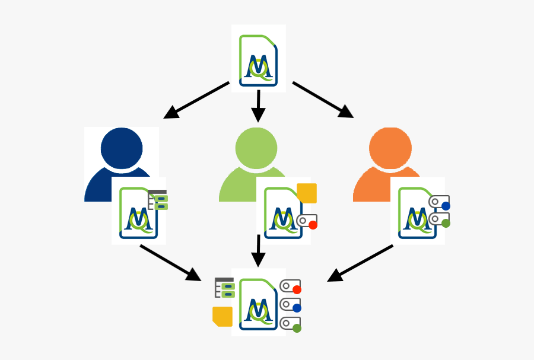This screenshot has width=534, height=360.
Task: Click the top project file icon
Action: click(258, 59)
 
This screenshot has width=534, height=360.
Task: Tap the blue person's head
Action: click(122, 148)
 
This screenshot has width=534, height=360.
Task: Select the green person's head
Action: click(256, 148)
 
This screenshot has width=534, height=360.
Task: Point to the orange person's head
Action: click(390, 148)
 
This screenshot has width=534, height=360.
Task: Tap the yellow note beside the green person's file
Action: click(307, 193)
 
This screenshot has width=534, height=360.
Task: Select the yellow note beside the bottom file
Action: click(223, 316)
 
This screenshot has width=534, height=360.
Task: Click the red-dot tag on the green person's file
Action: click(307, 222)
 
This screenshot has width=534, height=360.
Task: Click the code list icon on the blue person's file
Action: click(158, 200)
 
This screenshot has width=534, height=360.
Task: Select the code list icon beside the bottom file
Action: click(225, 287)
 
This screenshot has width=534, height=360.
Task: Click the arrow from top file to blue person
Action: click(196, 100)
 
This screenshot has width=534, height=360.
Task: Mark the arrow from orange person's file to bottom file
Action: click(360, 263)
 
